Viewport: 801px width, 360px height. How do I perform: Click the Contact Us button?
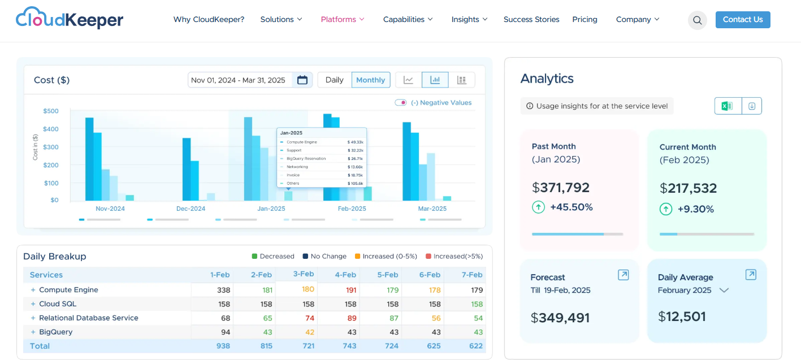[742, 20]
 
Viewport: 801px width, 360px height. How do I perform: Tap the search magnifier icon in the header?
[697, 20]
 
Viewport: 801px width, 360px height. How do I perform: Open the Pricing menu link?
[584, 19]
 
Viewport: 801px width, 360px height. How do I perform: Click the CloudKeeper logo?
[70, 19]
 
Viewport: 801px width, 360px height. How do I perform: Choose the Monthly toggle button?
[370, 80]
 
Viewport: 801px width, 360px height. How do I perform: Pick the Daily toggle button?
[334, 80]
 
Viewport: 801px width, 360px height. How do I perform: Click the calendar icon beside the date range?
[302, 80]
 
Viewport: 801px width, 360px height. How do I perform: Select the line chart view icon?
[408, 80]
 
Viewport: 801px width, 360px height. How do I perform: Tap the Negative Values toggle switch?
[400, 103]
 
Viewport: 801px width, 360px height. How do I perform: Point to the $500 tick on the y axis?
[51, 111]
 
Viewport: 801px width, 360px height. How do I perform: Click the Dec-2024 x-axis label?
[190, 209]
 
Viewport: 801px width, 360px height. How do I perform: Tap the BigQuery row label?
[55, 332]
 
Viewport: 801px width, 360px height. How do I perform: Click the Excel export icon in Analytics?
[727, 106]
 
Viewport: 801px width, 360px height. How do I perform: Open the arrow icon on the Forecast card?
[623, 275]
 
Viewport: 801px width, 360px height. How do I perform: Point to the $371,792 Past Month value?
[561, 188]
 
